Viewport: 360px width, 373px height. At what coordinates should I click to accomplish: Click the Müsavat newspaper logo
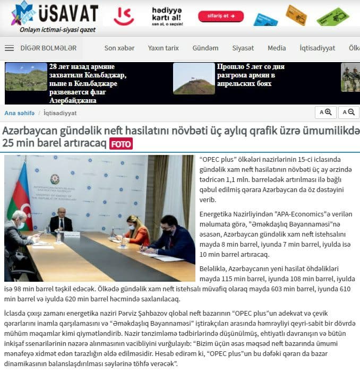click(54, 16)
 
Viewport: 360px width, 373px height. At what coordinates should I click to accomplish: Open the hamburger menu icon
click(9, 48)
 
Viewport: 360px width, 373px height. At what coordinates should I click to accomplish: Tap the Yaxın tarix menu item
click(163, 48)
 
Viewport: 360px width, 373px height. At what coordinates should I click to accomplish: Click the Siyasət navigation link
click(243, 48)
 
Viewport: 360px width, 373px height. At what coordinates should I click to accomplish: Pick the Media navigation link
click(277, 48)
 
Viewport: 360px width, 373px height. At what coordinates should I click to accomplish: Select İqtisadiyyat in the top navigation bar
click(317, 48)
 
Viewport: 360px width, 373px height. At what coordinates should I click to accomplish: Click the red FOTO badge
click(121, 144)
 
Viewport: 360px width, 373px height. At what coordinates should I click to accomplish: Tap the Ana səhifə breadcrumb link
click(19, 113)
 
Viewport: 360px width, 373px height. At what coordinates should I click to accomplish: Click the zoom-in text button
click(325, 112)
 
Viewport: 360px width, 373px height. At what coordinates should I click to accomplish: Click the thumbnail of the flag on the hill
click(193, 79)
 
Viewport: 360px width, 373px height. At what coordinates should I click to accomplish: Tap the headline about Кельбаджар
click(87, 83)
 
